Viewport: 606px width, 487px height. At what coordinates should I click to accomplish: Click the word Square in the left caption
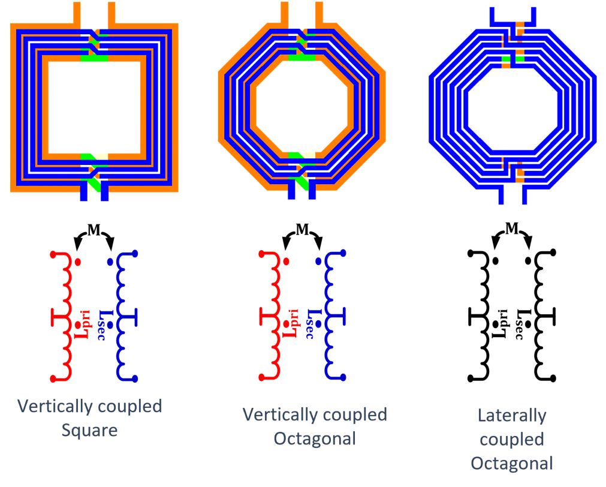click(x=89, y=431)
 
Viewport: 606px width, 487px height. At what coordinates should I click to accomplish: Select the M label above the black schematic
click(x=511, y=228)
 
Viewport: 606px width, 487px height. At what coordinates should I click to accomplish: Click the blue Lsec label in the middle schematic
click(x=310, y=324)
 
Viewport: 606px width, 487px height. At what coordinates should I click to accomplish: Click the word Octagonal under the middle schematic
click(x=315, y=438)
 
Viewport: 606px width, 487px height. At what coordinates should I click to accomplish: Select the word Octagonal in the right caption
click(x=511, y=463)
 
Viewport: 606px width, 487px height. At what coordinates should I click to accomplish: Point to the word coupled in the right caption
click(x=511, y=439)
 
